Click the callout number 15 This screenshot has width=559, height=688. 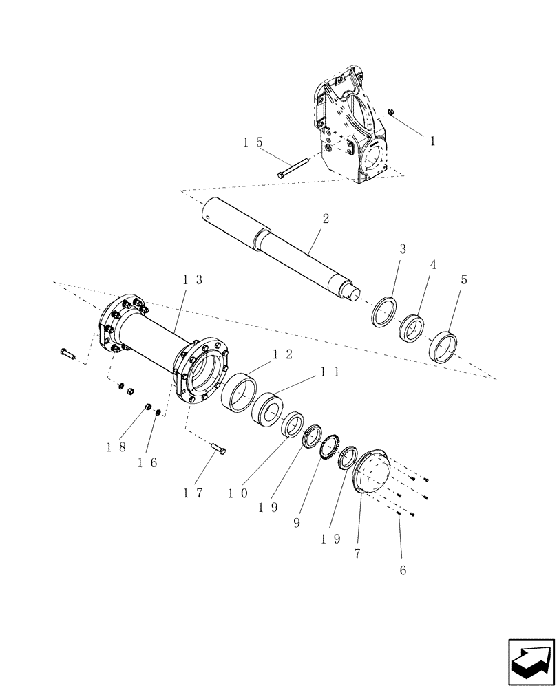252,142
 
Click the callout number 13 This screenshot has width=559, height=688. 193,279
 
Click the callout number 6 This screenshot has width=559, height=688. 403,570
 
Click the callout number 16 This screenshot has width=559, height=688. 147,462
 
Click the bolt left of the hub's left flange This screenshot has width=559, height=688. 67,354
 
